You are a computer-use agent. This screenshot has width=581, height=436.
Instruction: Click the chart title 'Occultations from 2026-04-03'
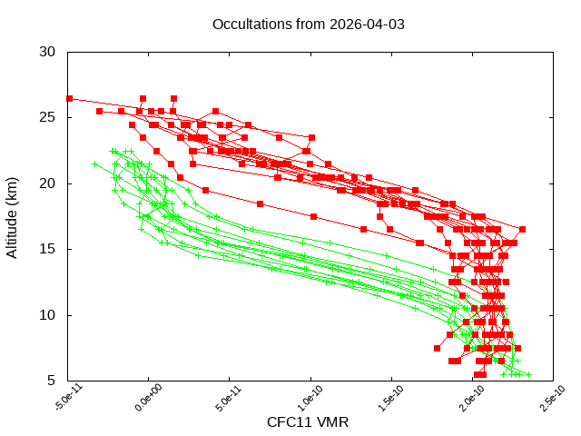(308, 24)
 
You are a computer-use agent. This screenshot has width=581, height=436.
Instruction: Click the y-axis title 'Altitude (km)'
(13, 216)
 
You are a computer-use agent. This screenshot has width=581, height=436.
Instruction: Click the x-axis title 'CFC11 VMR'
(308, 422)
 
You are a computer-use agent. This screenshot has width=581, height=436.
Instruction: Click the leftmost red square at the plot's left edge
(69, 98)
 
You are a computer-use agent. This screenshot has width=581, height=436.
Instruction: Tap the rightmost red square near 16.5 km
(522, 229)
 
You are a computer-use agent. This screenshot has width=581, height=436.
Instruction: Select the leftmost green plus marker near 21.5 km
(95, 164)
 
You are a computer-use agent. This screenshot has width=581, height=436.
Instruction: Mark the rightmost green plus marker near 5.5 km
(528, 374)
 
